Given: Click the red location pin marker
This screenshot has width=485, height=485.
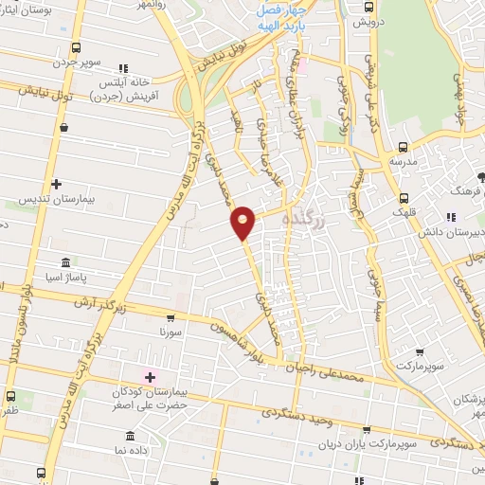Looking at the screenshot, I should click(x=243, y=222).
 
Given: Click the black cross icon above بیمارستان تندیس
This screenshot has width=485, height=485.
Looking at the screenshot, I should click(x=57, y=183).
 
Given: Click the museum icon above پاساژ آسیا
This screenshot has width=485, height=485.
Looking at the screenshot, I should click(x=64, y=261).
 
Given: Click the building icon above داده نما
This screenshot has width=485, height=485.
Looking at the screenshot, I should click(x=131, y=437).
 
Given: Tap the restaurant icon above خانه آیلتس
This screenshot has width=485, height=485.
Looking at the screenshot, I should click(x=122, y=68).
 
